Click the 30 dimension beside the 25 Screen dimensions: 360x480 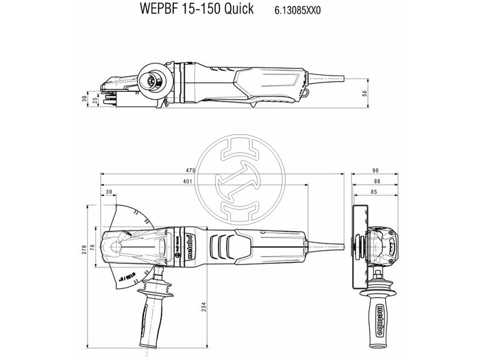(x=85, y=97)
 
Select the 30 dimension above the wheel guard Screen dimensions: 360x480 (x=109, y=192)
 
